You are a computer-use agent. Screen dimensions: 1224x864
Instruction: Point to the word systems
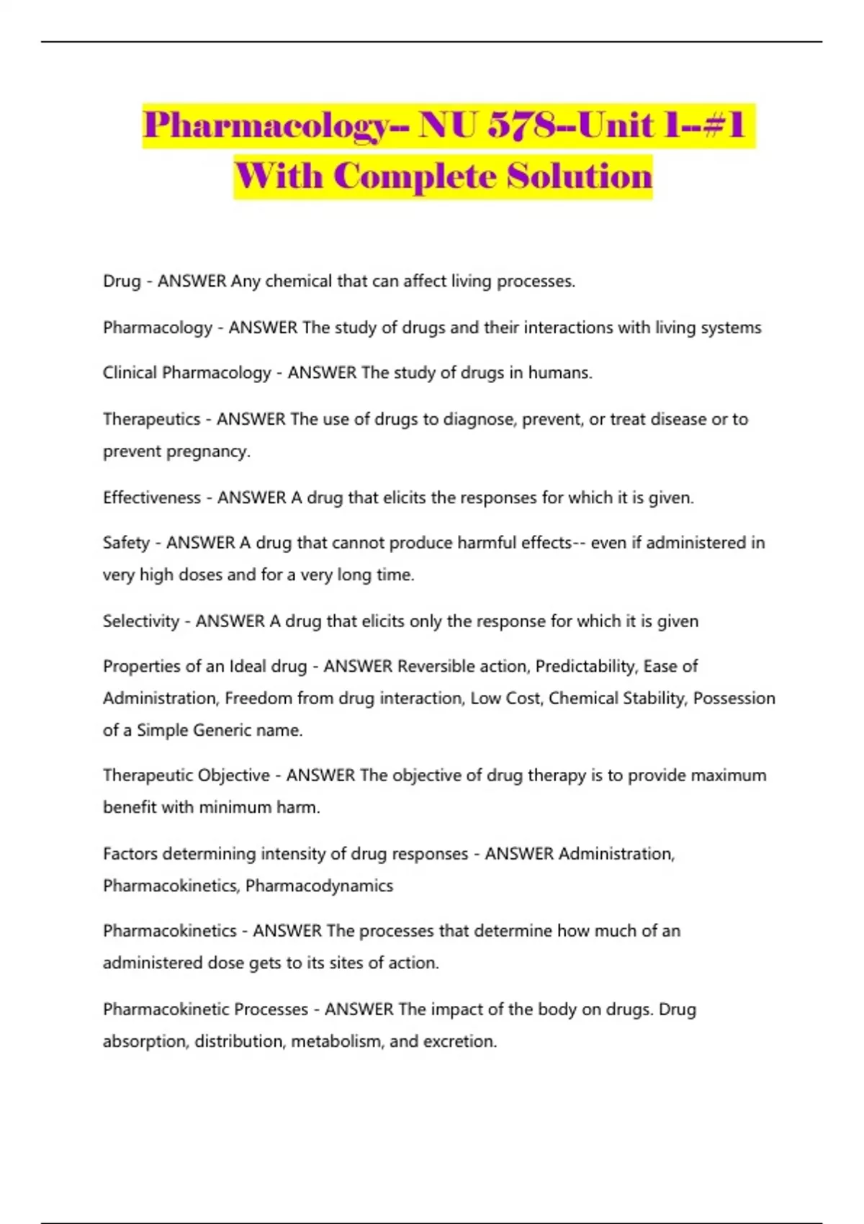coord(729,328)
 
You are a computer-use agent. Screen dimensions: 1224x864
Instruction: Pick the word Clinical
coord(130,373)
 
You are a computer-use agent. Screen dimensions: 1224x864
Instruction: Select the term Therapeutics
coord(151,419)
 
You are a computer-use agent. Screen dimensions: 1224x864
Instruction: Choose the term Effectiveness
coord(151,498)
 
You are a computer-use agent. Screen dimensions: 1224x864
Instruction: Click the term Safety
coord(126,543)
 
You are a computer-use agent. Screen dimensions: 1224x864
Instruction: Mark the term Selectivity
coord(140,621)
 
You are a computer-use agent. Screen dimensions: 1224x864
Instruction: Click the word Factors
coord(130,854)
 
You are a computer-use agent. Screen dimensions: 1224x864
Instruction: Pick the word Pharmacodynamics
coord(319,886)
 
